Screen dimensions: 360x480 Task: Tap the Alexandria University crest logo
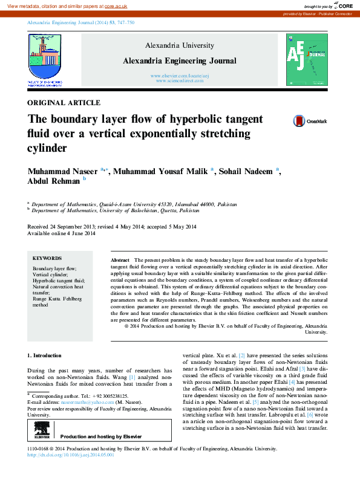coord(44,57)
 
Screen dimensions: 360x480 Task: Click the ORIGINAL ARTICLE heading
coord(64,103)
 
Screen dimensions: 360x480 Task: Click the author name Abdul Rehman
coord(53,180)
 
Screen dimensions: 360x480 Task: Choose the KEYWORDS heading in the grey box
coord(47,258)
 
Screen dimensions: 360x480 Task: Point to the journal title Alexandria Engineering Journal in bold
coord(179,61)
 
